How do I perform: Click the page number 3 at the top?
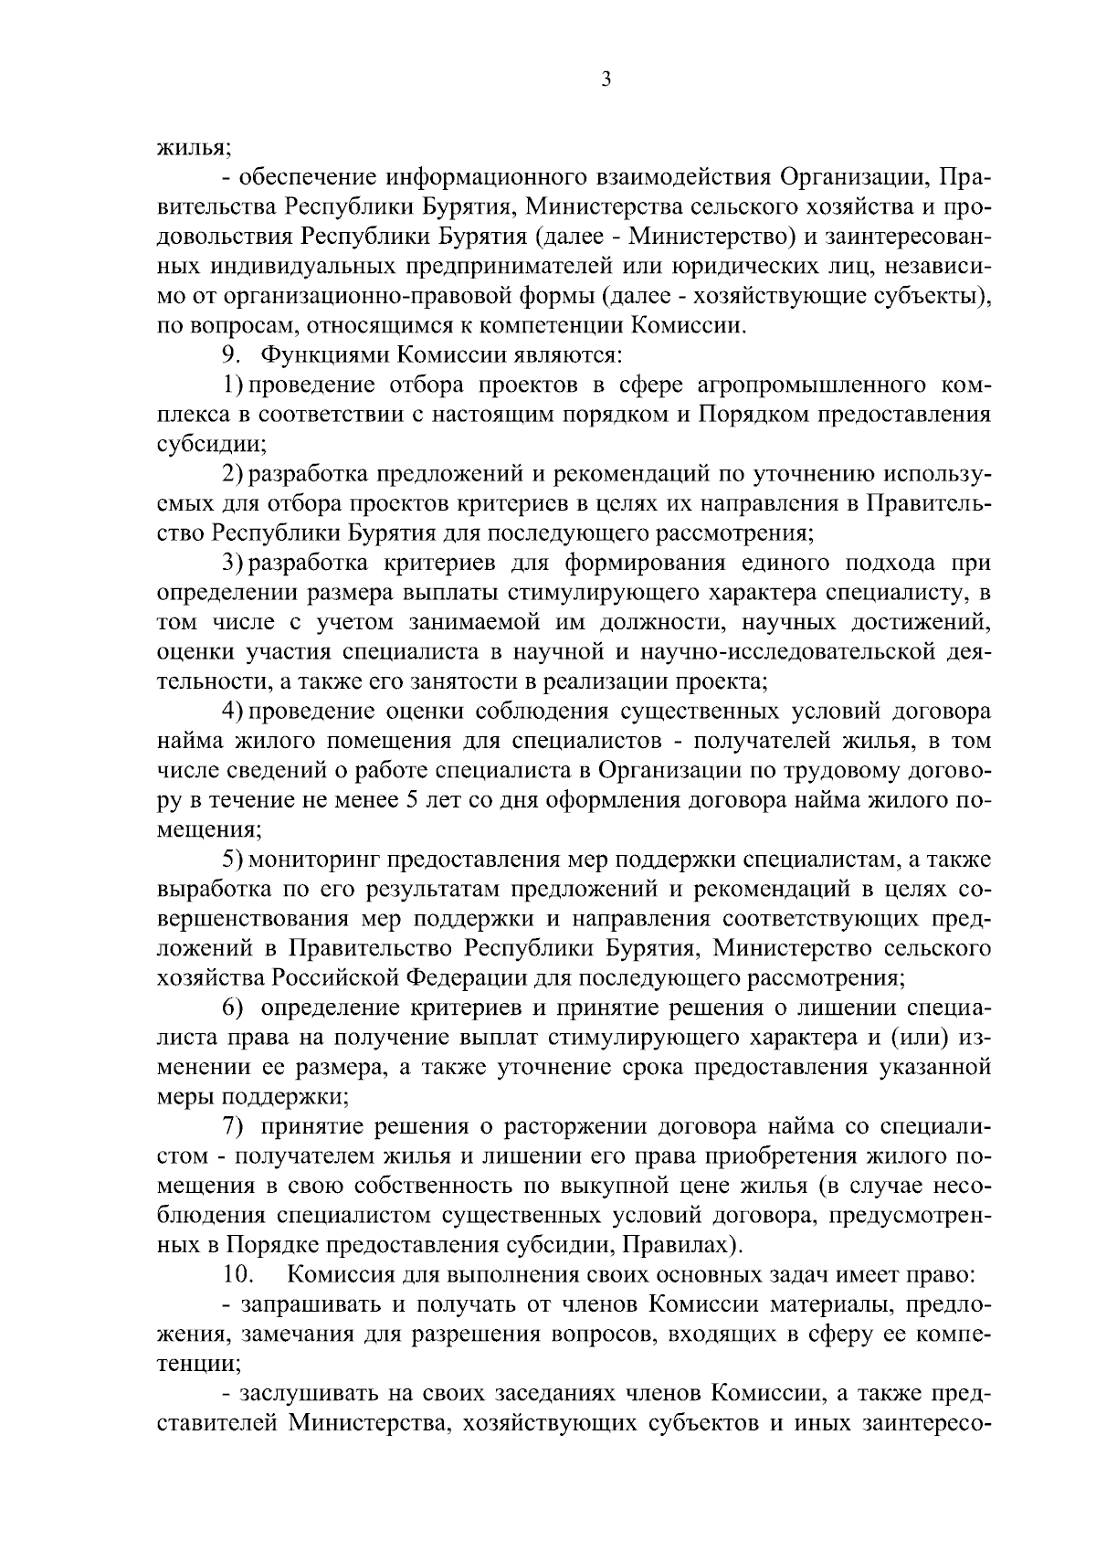[x=606, y=79]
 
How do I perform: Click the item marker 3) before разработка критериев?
[x=234, y=562]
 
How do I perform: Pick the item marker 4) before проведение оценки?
[x=234, y=711]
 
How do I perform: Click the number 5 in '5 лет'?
[x=409, y=799]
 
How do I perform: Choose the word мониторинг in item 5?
[x=313, y=860]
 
